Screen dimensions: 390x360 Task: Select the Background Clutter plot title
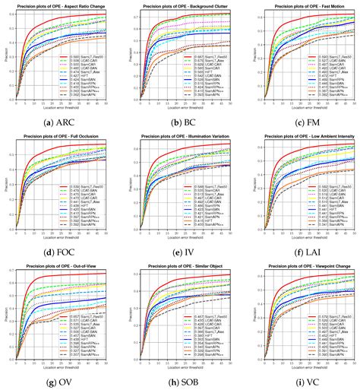(185, 5)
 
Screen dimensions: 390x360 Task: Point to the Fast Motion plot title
(305, 5)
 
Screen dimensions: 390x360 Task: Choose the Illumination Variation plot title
(185, 135)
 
